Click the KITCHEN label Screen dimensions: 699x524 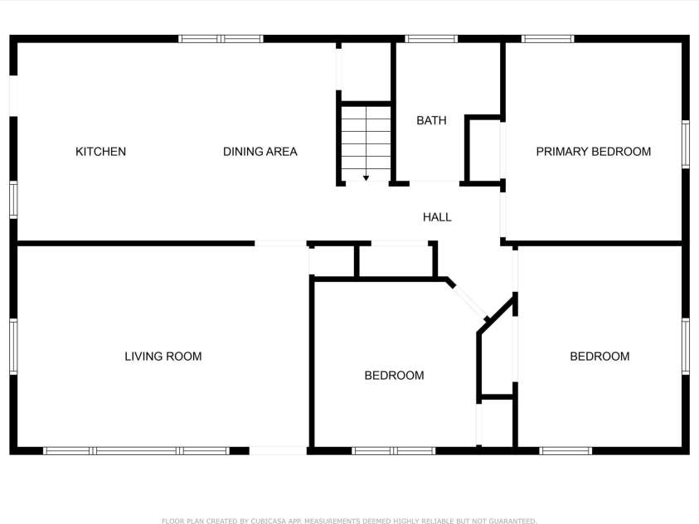[x=101, y=152]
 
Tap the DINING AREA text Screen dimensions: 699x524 [x=260, y=152]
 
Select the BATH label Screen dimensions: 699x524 [x=431, y=120]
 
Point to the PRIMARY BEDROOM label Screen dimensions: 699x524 [x=594, y=152]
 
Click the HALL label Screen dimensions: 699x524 [x=437, y=217]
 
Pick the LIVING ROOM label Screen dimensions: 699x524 [x=163, y=356]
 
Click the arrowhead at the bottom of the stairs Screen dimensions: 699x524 [x=366, y=178]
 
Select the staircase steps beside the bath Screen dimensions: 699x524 [x=366, y=143]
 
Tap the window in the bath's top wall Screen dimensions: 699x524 [x=431, y=39]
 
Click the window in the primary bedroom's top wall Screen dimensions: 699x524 [x=548, y=39]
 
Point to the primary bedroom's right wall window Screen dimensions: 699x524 [x=686, y=144]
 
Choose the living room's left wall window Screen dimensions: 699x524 [x=13, y=347]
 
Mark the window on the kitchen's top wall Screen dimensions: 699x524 [x=221, y=39]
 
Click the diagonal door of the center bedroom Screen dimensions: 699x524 [x=469, y=301]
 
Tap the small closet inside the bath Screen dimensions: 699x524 [x=483, y=150]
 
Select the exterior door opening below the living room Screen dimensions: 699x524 [x=278, y=450]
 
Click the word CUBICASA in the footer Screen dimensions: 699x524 [x=268, y=521]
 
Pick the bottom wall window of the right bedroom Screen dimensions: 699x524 [x=566, y=450]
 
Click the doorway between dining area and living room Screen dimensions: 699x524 [x=281, y=243]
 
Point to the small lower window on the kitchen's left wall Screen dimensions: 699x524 [x=13, y=200]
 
